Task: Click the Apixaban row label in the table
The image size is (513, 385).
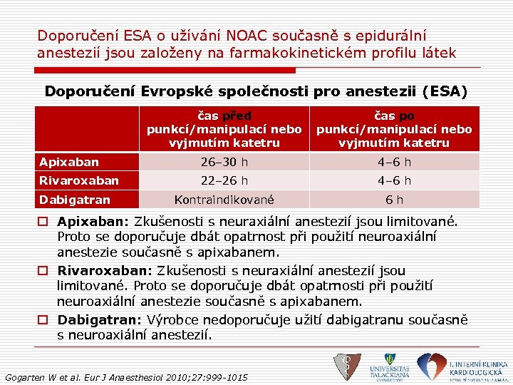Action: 69,163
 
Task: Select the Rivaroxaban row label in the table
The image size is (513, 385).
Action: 78,181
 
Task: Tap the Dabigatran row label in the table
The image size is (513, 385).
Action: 75,200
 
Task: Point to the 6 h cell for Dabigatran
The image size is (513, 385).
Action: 394,200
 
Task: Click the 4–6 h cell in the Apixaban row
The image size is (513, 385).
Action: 394,163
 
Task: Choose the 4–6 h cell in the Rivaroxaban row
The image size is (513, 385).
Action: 394,181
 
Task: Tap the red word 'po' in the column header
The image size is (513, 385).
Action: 406,116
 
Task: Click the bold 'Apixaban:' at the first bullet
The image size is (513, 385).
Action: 88,222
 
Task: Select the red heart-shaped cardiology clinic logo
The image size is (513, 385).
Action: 430,366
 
